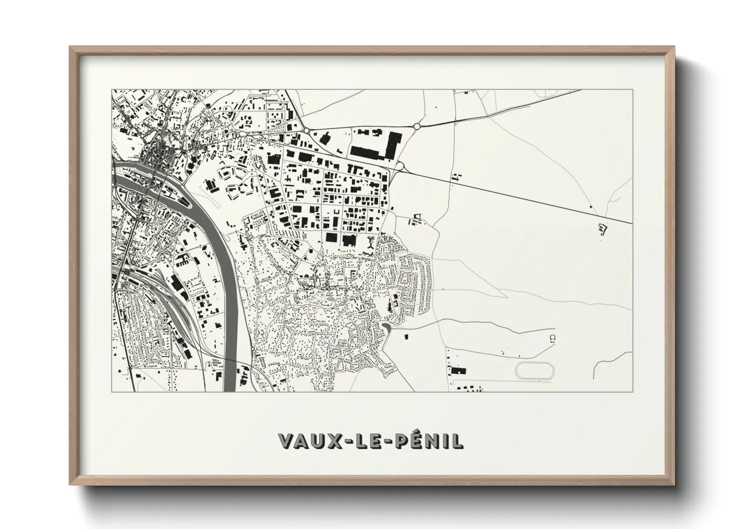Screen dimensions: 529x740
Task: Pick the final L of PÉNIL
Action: [x=457, y=440]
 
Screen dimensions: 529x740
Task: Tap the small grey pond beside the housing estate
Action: [x=386, y=328]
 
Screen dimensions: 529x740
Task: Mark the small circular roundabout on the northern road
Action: [x=416, y=127]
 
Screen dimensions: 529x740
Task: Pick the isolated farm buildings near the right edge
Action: [x=602, y=229]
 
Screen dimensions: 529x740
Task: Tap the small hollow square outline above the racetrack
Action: [x=552, y=337]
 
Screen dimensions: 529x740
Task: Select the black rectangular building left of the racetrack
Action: [x=458, y=371]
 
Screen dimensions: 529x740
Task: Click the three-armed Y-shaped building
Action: [x=370, y=243]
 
